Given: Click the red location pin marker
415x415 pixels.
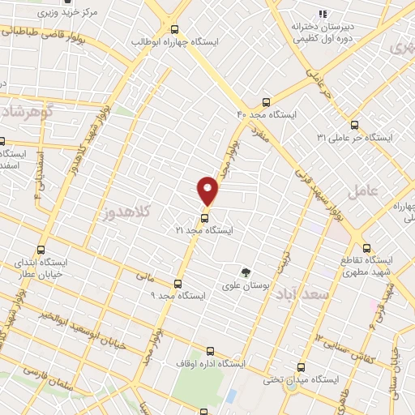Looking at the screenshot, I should point(208,190).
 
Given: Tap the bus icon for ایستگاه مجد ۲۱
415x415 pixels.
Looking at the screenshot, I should point(204,217).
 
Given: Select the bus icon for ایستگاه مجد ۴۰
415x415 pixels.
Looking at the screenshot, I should point(266,102).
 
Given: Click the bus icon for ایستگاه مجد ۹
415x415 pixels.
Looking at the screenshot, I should point(178,283).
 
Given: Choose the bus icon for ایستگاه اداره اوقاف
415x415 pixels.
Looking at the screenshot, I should point(211,351).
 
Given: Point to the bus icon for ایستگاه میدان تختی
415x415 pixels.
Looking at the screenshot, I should point(302,366).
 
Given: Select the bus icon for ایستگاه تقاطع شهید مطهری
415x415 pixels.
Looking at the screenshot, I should point(366,248).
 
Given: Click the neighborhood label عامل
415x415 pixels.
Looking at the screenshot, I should point(362,192).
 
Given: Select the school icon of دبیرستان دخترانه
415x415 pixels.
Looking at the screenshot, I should point(323,13).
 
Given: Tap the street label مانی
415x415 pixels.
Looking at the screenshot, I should point(144,276).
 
